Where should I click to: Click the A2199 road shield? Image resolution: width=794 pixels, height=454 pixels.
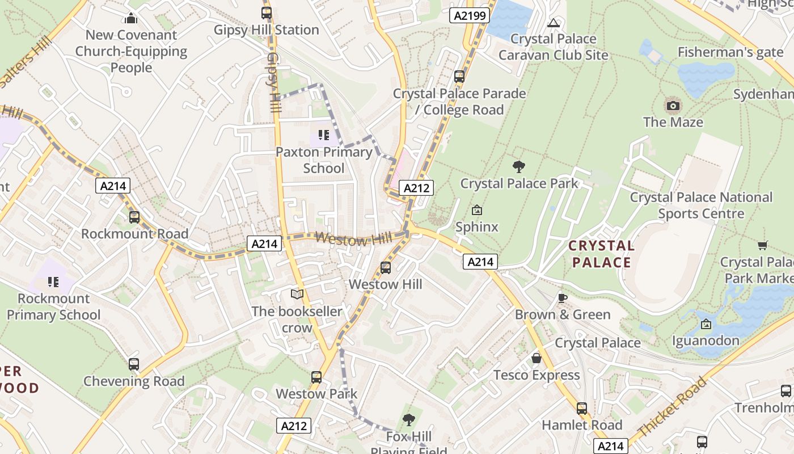(x=470, y=15)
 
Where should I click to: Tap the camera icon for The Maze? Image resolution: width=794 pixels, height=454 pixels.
(x=673, y=106)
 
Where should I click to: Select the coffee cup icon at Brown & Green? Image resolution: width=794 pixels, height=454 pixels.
(x=562, y=298)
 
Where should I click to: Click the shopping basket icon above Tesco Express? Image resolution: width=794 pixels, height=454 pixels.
(x=537, y=359)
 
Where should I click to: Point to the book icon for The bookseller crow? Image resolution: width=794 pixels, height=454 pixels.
(x=297, y=294)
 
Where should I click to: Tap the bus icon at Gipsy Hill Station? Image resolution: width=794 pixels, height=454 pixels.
(x=267, y=12)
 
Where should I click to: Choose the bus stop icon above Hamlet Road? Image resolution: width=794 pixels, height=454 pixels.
(x=582, y=408)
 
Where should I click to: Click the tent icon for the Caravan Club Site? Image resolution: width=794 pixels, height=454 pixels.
(x=554, y=23)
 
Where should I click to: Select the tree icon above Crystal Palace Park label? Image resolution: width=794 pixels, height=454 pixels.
(x=518, y=166)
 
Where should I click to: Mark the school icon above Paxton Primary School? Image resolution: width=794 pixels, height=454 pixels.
(x=324, y=135)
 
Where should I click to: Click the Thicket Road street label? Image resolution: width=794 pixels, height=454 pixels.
(x=672, y=406)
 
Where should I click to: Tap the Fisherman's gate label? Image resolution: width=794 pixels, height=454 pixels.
(x=730, y=52)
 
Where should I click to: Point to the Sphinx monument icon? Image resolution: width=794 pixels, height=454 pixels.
(x=477, y=210)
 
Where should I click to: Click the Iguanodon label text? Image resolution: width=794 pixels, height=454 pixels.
(x=706, y=340)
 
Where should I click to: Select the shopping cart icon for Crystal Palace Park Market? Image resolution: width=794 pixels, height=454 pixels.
(x=762, y=245)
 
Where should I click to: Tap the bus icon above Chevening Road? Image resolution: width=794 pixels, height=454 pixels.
(x=134, y=364)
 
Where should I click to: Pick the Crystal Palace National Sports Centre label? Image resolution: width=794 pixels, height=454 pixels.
(x=701, y=205)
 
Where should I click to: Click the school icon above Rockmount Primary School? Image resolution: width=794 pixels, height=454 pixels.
(x=53, y=281)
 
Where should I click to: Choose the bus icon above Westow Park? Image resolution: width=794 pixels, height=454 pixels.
(x=316, y=377)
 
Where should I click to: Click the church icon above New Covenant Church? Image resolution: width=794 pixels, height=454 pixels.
(x=131, y=18)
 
